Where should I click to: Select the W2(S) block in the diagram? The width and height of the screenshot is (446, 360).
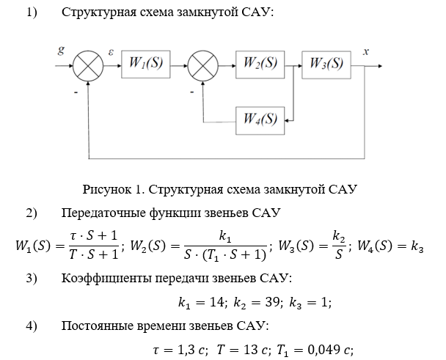pos(260,65)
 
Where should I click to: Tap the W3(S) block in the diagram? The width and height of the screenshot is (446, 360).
pos(326,65)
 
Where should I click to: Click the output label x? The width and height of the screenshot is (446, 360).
pos(366,52)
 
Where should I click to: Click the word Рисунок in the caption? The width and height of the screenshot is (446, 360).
pos(108,189)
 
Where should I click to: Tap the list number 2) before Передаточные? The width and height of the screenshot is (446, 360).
pos(31,213)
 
